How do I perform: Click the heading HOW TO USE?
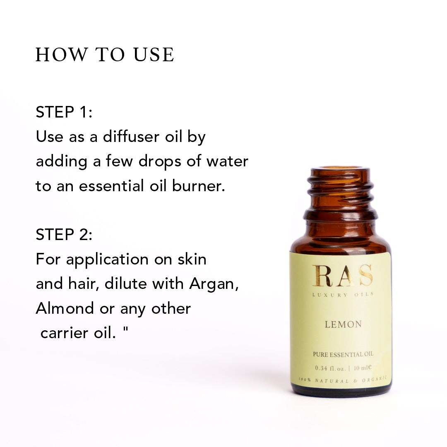(x=105, y=55)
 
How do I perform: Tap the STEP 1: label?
(x=64, y=112)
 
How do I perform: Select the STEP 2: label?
(x=64, y=235)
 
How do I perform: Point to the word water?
(x=227, y=161)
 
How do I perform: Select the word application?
(x=108, y=260)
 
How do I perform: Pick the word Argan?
(x=214, y=284)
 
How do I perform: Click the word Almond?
(x=65, y=308)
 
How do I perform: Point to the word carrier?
(x=64, y=333)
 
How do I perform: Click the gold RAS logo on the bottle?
(x=342, y=275)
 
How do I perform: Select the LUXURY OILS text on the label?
(x=343, y=295)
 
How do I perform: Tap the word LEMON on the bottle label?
(x=343, y=324)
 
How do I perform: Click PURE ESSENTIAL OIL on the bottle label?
(x=343, y=354)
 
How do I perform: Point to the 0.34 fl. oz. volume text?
(x=330, y=368)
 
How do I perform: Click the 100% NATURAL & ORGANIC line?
(x=343, y=380)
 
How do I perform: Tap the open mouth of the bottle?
(x=340, y=168)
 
